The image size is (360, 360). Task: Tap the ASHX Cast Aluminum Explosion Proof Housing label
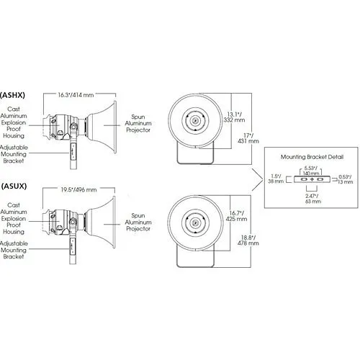16,123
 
